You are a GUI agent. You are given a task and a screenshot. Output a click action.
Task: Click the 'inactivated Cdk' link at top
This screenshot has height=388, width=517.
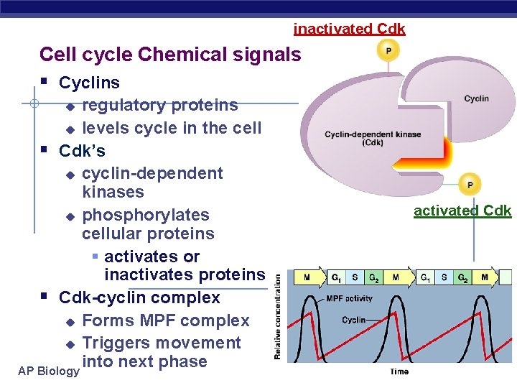[x=349, y=29]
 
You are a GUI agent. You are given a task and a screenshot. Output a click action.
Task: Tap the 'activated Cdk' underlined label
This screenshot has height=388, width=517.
[x=462, y=211]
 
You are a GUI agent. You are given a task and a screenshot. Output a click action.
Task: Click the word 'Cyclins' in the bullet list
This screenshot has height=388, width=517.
[x=89, y=83]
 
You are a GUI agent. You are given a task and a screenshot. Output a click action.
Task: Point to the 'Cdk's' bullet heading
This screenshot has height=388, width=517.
[x=82, y=151]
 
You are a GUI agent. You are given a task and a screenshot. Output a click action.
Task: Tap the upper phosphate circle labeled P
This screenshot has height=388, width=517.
[x=388, y=51]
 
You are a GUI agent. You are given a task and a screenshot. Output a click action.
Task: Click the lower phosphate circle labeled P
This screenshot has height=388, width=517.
[x=470, y=185]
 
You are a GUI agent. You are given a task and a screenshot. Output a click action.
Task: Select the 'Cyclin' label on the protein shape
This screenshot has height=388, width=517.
[x=476, y=98]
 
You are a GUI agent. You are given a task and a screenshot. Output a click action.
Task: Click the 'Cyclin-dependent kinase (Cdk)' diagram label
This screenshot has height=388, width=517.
[x=373, y=139]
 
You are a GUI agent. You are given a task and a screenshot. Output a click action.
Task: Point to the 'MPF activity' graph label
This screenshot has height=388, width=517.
[x=350, y=297]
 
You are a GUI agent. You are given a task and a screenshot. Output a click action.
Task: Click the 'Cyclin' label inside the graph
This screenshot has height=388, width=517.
[x=354, y=320]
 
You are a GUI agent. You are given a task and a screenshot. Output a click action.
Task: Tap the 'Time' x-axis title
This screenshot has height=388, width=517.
[x=399, y=371]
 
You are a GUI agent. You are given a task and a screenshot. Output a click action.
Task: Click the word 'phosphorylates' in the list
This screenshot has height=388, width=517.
[x=146, y=215]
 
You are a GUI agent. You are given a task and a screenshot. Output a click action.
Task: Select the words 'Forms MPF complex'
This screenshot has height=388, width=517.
[x=166, y=320]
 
